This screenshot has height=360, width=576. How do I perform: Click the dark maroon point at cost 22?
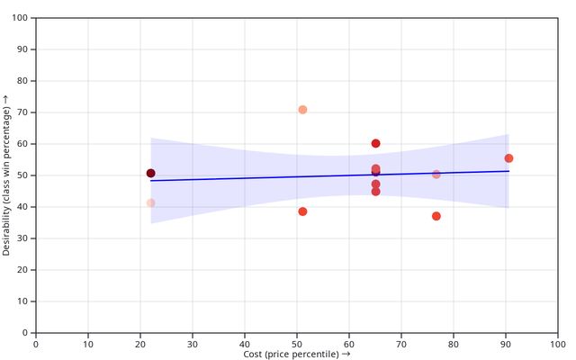150,173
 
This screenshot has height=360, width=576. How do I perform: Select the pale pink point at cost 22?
150,203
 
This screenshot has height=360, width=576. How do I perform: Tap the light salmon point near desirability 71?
302,110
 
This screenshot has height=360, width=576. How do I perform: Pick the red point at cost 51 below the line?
302,211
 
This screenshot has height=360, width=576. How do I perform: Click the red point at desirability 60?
375,143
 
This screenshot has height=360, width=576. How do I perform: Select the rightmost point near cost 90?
508,158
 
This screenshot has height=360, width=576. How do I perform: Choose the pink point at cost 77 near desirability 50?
436,175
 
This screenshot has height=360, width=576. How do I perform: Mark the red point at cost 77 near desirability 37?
436,216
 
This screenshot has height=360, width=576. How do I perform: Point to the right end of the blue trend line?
508,171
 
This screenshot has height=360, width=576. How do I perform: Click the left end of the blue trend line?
150,181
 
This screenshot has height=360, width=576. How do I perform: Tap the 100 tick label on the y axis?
20,18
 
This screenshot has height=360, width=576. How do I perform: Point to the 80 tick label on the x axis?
454,343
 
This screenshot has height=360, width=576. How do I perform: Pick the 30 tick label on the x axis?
193,343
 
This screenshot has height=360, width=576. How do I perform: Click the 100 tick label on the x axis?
558,343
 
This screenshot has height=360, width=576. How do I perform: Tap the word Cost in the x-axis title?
253,354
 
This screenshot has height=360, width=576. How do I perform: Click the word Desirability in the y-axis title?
6,225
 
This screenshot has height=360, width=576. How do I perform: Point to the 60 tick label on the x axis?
349,343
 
